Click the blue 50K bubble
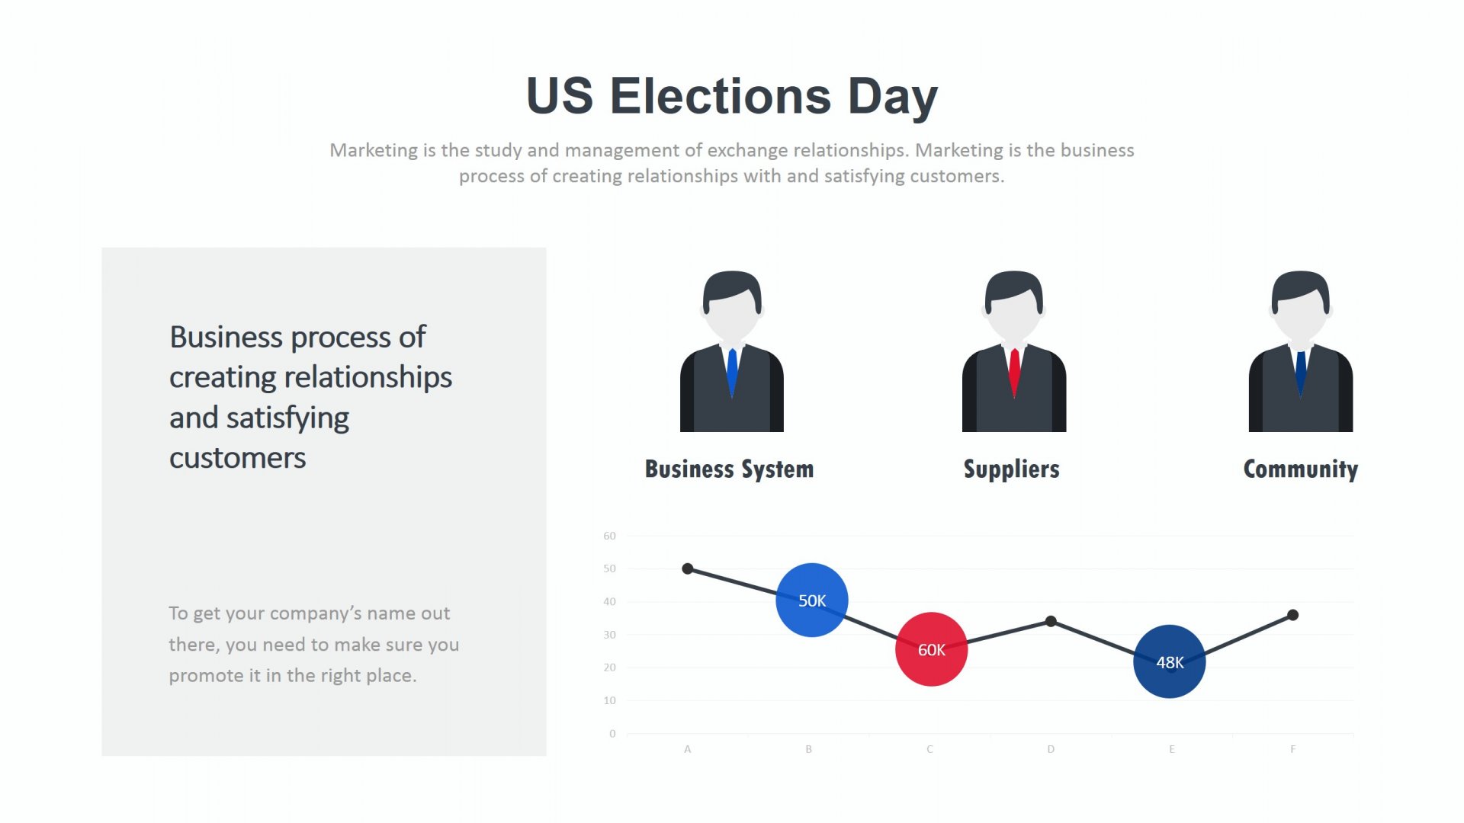[x=812, y=600]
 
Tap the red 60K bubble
[x=931, y=649]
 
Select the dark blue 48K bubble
[x=1170, y=661]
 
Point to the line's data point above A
[x=688, y=568]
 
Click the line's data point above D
[x=1051, y=621]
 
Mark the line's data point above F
[x=1292, y=615]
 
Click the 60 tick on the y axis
[x=609, y=536]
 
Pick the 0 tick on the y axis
[x=612, y=734]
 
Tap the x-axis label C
[x=929, y=749]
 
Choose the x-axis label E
[x=1172, y=749]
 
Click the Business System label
[x=730, y=469]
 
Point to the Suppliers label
[x=1012, y=469]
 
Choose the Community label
[x=1301, y=469]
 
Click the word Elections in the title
[x=721, y=96]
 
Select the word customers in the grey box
[x=237, y=458]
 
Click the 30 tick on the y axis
[x=609, y=635]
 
